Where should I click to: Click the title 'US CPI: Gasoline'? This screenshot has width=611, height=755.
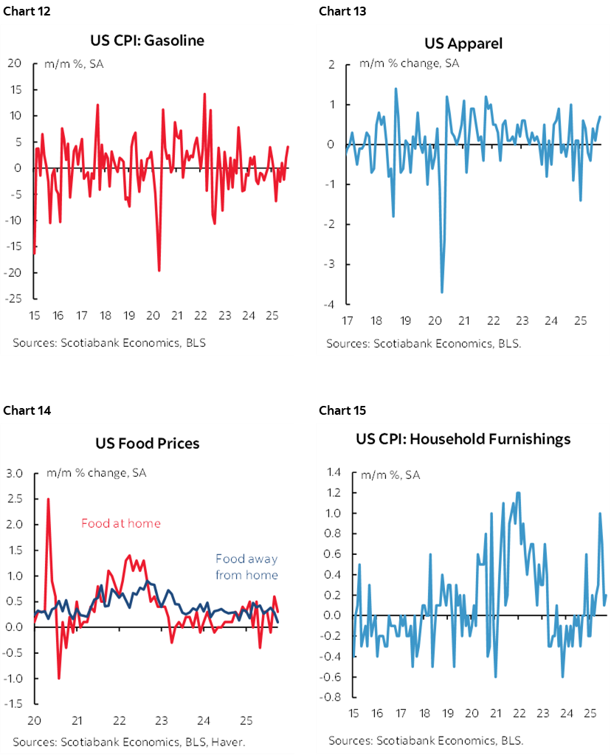pyautogui.click(x=146, y=41)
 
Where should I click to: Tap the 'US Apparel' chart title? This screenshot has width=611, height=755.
pyautogui.click(x=463, y=43)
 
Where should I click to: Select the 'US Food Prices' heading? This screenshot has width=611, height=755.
pyautogui.click(x=147, y=444)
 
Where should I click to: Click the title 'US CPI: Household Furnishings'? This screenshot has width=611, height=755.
pyautogui.click(x=463, y=439)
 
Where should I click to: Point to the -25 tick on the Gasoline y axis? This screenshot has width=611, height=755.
pyautogui.click(x=14, y=299)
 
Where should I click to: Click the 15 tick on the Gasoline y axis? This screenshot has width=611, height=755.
pyautogui.click(x=15, y=89)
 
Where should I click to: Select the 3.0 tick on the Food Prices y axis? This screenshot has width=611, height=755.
pyautogui.click(x=15, y=473)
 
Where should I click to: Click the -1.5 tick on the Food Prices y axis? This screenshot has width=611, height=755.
pyautogui.click(x=14, y=705)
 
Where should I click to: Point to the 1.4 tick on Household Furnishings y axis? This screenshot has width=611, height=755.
pyautogui.click(x=334, y=472)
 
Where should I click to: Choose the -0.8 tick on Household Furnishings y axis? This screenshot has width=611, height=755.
pyautogui.click(x=332, y=697)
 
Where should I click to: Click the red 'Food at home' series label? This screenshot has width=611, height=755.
pyautogui.click(x=120, y=523)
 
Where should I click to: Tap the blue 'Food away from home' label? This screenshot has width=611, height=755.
pyautogui.click(x=246, y=567)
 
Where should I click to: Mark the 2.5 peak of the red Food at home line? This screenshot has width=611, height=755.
pyautogui.click(x=48, y=499)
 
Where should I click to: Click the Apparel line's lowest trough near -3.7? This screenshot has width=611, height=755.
pyautogui.click(x=441, y=292)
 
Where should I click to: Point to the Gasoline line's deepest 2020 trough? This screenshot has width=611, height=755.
pyautogui.click(x=159, y=270)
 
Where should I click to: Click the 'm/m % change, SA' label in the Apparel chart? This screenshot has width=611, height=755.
pyautogui.click(x=409, y=63)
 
